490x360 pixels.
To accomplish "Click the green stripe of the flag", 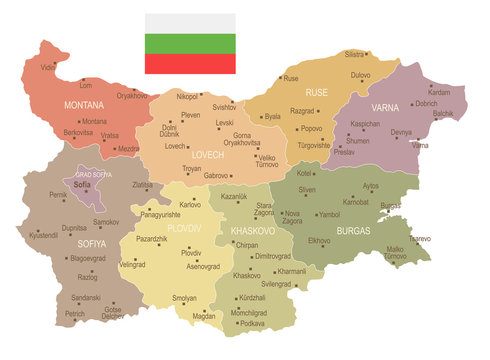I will coord(190,43).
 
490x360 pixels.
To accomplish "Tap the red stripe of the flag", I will coord(190,63).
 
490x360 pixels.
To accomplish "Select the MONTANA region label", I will coord(84,104).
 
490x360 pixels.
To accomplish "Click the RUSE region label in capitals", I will coord(317,92).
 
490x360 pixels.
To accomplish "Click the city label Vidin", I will coord(48,67).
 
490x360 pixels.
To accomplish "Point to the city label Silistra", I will coord(354,54).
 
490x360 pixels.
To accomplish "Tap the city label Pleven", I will coord(190,115).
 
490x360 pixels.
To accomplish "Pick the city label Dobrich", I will coord(426,103).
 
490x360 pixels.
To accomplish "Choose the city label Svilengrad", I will coord(275,285).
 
